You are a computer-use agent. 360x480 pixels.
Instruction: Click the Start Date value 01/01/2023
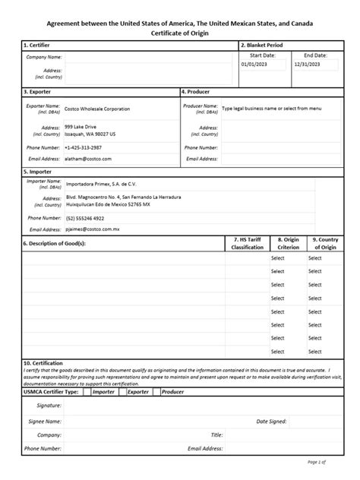[254, 65]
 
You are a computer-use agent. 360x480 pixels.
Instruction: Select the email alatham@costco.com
[88, 159]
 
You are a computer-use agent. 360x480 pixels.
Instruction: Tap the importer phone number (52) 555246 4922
[84, 218]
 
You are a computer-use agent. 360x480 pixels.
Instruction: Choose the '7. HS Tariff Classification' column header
[247, 243]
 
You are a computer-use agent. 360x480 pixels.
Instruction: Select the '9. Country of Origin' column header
[325, 243]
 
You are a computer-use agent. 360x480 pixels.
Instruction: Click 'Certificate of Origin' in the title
[179, 33]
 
